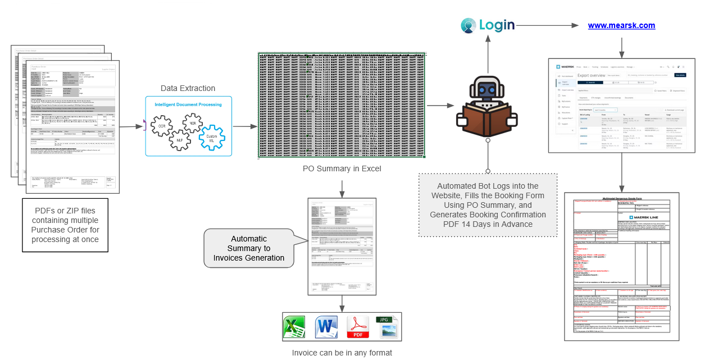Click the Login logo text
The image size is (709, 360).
click(x=497, y=25)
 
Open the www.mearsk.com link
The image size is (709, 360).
click(x=621, y=25)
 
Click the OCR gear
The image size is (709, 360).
click(x=162, y=126)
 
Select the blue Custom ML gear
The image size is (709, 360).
click(x=212, y=137)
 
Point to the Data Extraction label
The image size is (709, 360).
click(x=188, y=88)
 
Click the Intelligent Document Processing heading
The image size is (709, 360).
click(x=188, y=104)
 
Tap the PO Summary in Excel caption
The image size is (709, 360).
click(x=342, y=168)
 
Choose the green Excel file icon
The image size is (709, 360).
click(x=294, y=327)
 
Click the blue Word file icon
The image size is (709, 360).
click(x=325, y=327)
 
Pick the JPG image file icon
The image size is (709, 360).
click(x=387, y=326)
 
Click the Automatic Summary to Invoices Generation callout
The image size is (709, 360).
click(x=249, y=248)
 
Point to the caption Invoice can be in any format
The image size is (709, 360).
click(x=342, y=353)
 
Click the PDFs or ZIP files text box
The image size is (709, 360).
click(x=65, y=225)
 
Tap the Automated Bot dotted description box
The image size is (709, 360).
click(x=488, y=205)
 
